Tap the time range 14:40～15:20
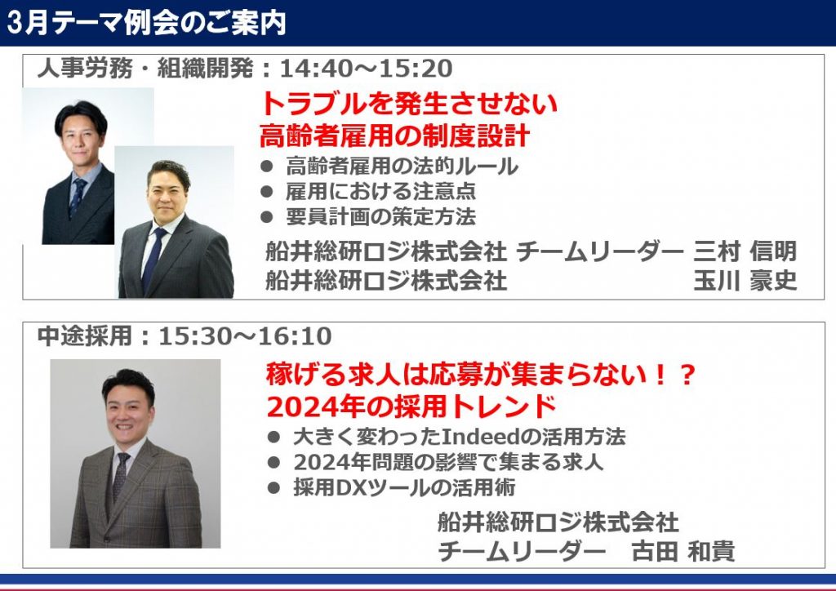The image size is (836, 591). [366, 69]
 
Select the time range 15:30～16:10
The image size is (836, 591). [245, 335]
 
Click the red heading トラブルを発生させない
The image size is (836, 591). [409, 104]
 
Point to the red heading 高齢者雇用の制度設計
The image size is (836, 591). [394, 136]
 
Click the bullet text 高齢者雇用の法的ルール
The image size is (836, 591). [402, 166]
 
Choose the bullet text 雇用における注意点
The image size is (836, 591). [380, 191]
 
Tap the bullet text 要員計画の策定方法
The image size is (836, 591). [380, 216]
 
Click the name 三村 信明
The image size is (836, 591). [745, 251]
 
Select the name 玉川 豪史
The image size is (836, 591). [745, 280]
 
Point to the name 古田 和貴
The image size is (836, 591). [683, 552]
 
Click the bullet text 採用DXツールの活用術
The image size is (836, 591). [405, 487]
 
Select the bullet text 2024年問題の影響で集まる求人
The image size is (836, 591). [448, 462]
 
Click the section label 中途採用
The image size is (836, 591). [85, 335]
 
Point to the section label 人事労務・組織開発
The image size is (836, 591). [145, 69]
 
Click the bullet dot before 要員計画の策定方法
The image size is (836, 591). [267, 217]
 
